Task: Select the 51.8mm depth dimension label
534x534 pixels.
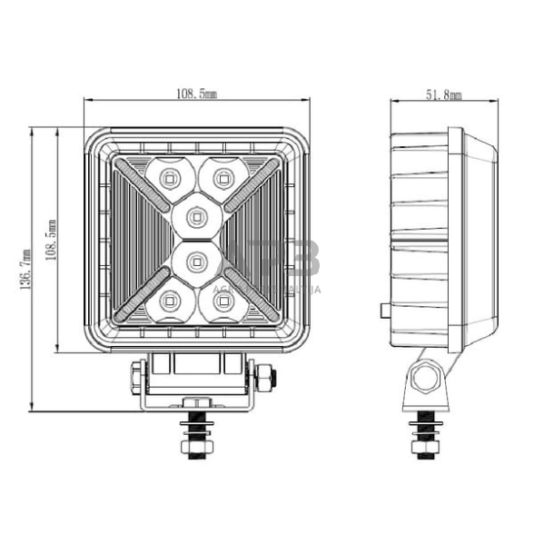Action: pyautogui.click(x=444, y=94)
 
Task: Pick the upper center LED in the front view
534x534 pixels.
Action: pyautogui.click(x=195, y=215)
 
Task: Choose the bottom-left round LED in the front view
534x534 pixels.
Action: pyautogui.click(x=167, y=301)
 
